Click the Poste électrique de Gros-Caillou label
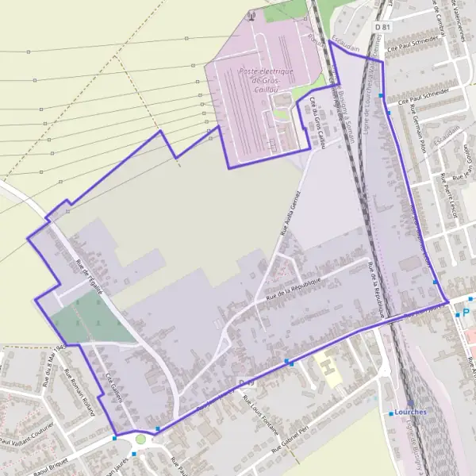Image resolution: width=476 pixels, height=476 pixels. tap(267, 80)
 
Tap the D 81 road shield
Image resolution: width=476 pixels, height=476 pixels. tap(382, 27)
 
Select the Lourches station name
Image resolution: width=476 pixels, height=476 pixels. tap(409, 413)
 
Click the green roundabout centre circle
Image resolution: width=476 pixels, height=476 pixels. tap(141, 439)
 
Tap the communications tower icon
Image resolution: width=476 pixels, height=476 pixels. tap(251, 13)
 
